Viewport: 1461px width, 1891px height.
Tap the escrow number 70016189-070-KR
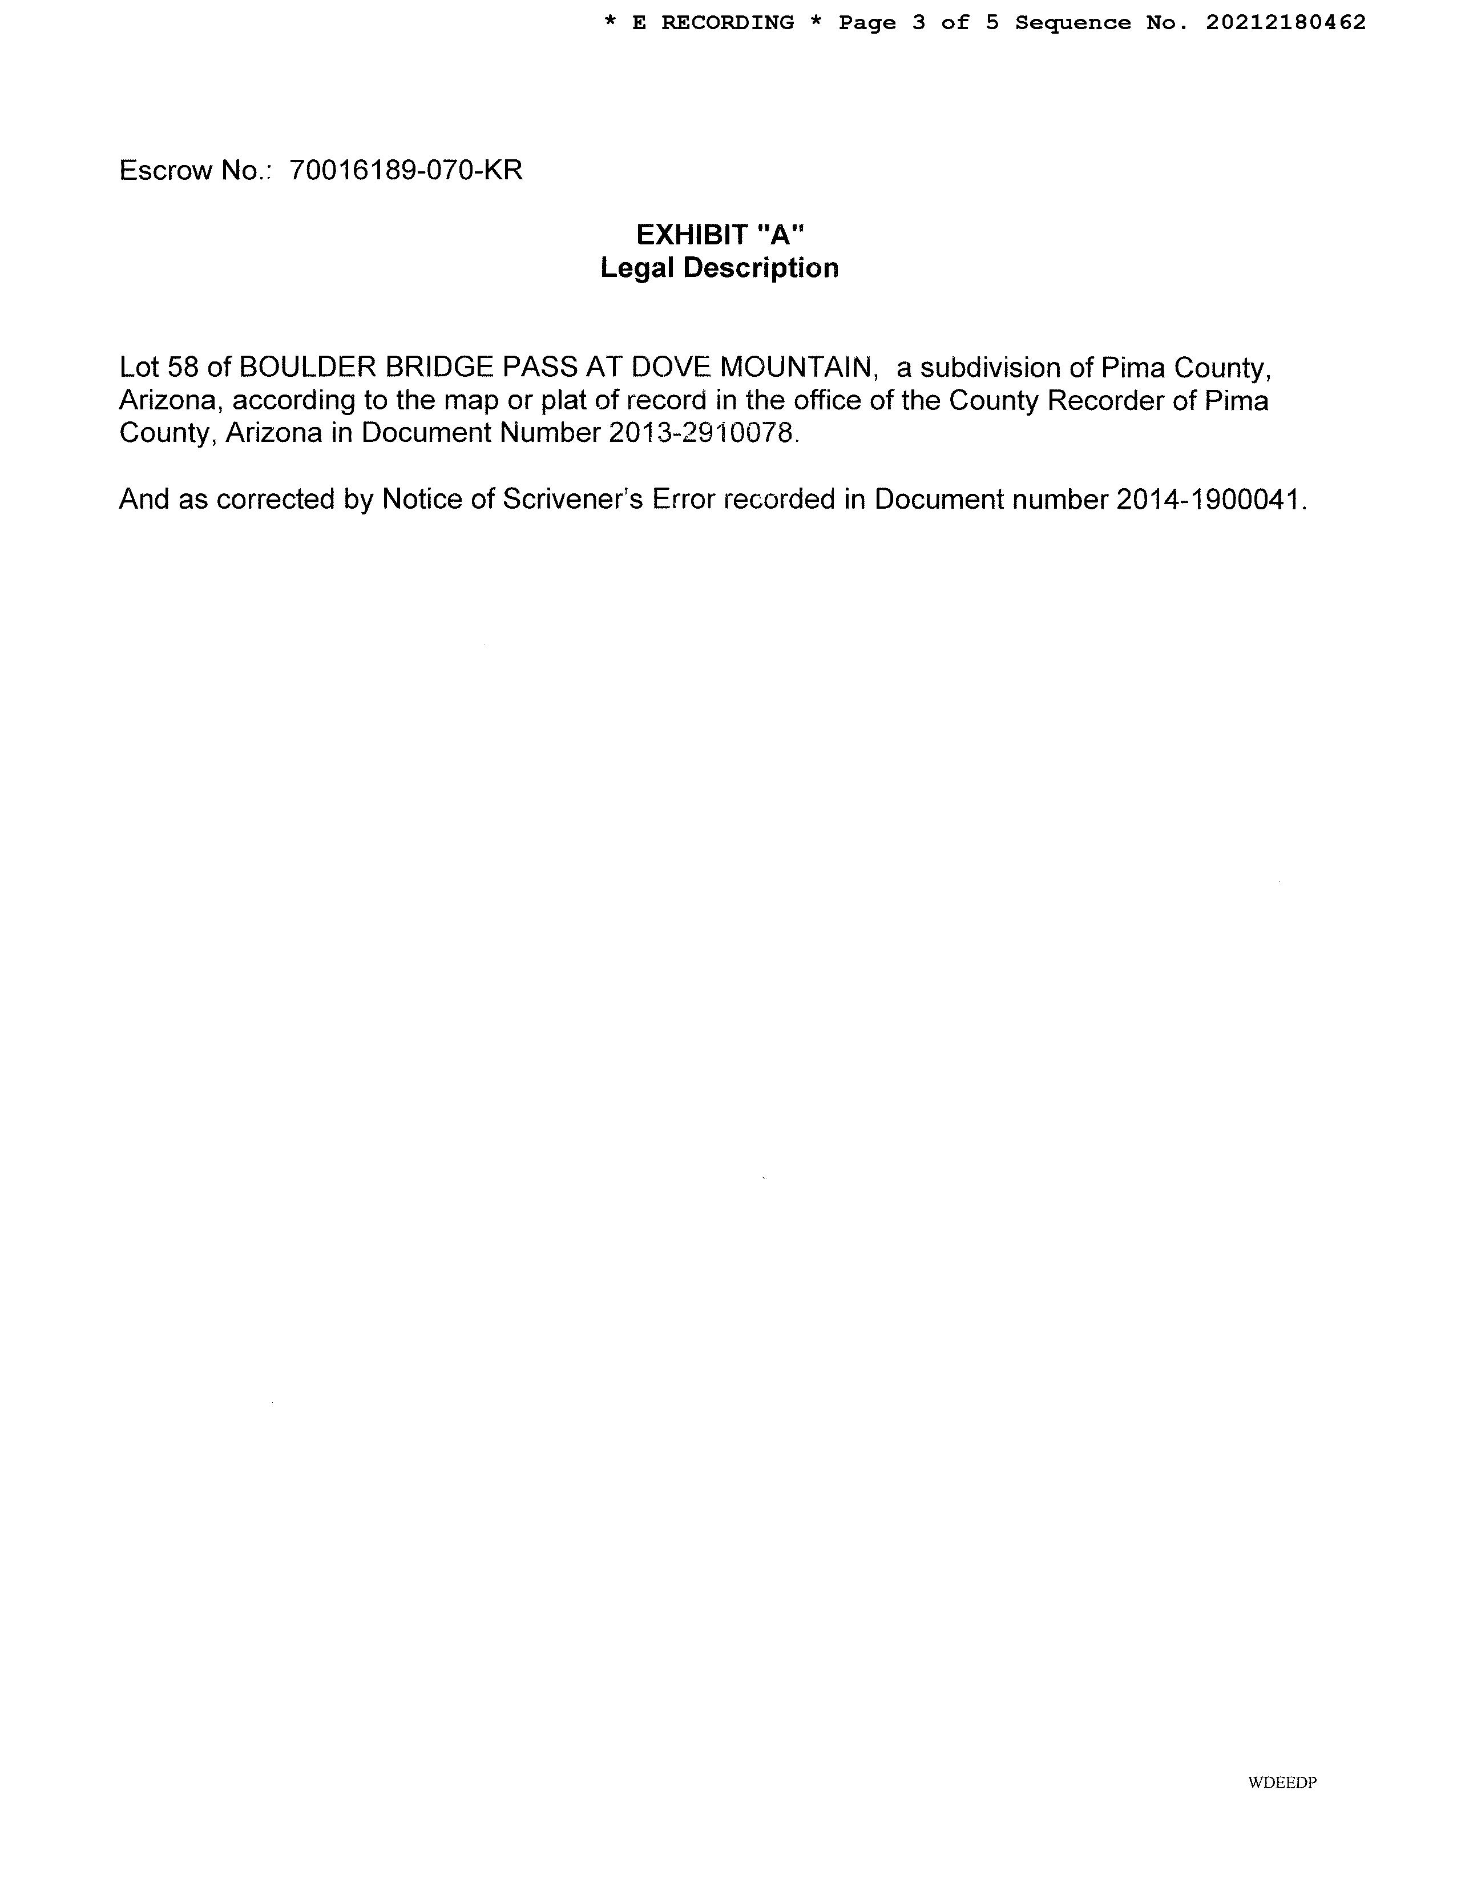406,171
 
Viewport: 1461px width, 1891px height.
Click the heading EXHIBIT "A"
720,235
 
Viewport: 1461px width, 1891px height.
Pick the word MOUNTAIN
796,368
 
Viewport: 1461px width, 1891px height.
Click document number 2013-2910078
700,433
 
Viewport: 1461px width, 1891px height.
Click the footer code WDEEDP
1282,1783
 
